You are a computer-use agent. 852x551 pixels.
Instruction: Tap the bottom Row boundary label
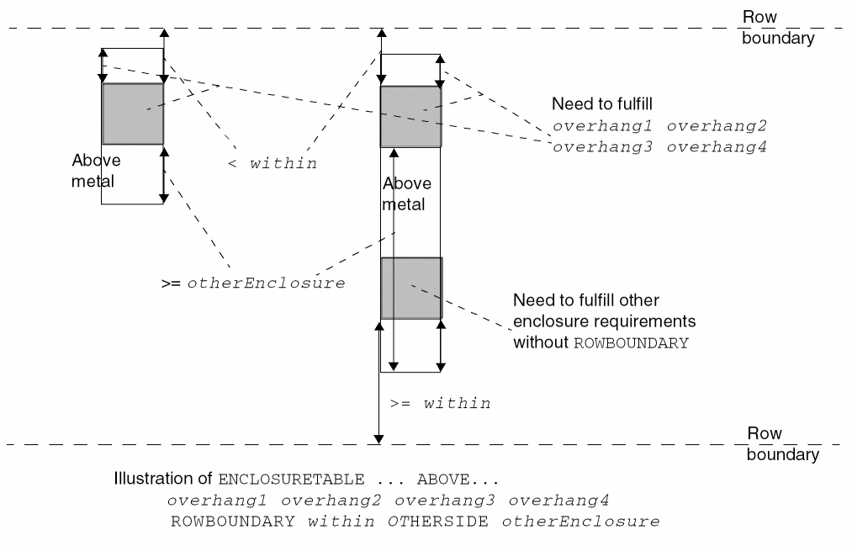(782, 444)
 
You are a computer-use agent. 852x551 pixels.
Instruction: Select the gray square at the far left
(132, 114)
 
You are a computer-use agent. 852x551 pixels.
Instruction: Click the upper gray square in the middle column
(410, 116)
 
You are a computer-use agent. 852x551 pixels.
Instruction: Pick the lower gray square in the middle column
(410, 288)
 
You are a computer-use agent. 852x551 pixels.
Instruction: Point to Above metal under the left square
(93, 170)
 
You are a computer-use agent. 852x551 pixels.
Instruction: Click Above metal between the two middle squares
(406, 193)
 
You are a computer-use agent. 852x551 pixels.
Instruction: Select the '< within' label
(273, 164)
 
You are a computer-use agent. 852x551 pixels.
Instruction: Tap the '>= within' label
(441, 404)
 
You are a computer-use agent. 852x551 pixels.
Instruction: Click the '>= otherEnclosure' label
(253, 283)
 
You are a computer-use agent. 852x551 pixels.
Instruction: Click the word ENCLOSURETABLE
(291, 480)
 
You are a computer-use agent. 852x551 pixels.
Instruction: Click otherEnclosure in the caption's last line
(581, 522)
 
